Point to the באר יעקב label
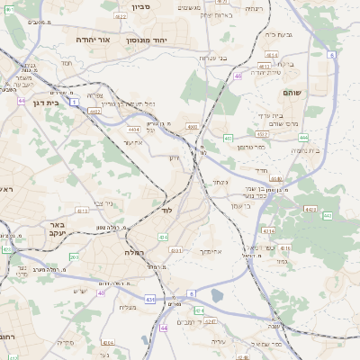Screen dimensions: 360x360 56,229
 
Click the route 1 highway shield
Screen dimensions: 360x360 71,91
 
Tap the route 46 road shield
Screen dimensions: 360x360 238,76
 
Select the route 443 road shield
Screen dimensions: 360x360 310,209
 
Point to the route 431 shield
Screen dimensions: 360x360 149,298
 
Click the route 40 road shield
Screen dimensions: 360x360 102,292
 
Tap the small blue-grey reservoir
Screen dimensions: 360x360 217,295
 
